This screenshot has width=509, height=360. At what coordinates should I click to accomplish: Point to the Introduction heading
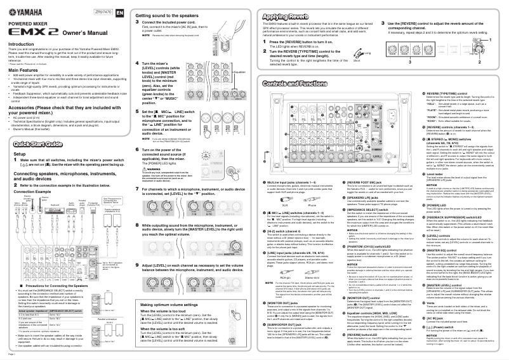click(x=25, y=44)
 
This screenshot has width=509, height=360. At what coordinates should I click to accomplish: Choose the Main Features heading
click(x=26, y=70)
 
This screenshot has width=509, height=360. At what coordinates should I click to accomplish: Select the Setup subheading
click(x=20, y=154)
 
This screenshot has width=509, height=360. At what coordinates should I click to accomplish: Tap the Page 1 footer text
click(x=11, y=354)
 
